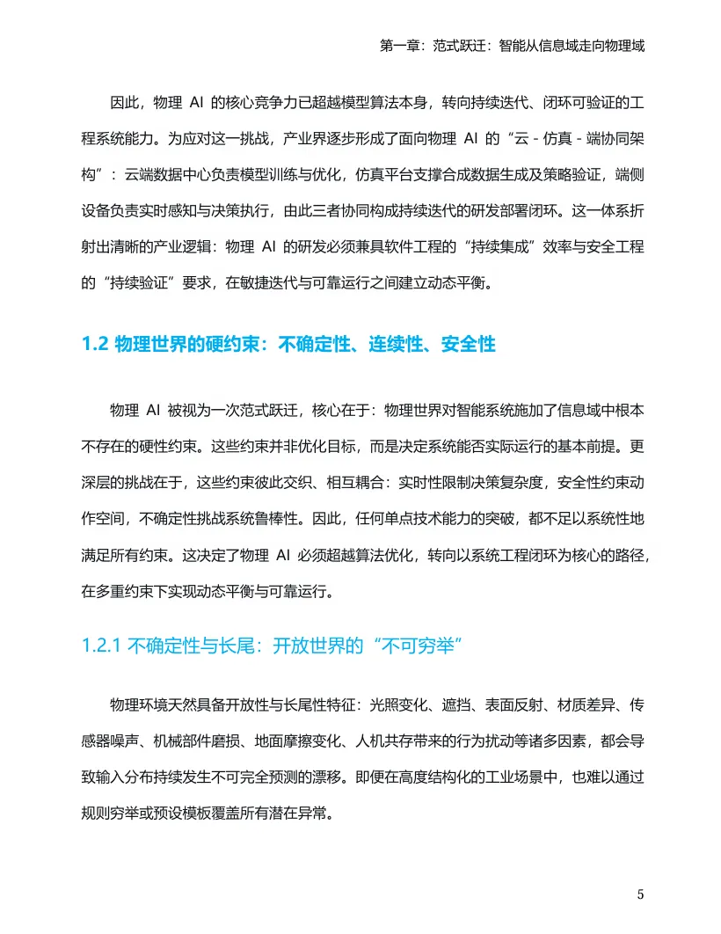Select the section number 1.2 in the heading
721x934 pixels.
click(94, 344)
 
